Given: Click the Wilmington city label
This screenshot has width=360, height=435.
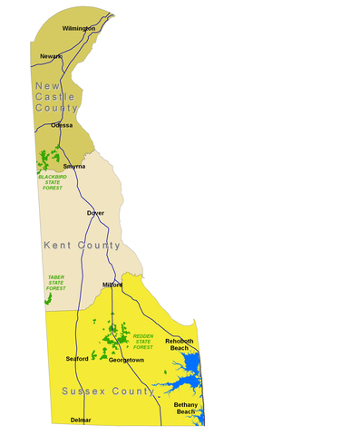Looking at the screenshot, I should pyautogui.click(x=79, y=29).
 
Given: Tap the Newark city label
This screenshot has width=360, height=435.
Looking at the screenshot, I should pyautogui.click(x=51, y=56).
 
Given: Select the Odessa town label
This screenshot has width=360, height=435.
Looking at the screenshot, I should pyautogui.click(x=62, y=125).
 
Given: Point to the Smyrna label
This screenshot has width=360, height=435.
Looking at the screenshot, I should pyautogui.click(x=74, y=167).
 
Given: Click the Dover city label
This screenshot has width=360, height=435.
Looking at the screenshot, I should pyautogui.click(x=95, y=213).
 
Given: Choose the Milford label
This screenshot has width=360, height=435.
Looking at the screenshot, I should pyautogui.click(x=112, y=285).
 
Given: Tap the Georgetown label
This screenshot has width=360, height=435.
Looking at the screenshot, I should pyautogui.click(x=126, y=360).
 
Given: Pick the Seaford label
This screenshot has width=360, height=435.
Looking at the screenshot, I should pyautogui.click(x=77, y=359).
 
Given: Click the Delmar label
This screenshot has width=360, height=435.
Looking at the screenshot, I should pyautogui.click(x=81, y=420).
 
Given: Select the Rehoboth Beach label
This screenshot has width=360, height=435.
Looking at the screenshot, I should pyautogui.click(x=180, y=344).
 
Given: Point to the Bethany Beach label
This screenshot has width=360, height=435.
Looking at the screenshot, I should pyautogui.click(x=185, y=408).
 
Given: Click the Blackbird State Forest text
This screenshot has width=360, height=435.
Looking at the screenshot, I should pyautogui.click(x=53, y=182).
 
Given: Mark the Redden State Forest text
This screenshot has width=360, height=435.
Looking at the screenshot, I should pyautogui.click(x=143, y=342).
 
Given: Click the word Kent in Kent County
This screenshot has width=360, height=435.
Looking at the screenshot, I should pyautogui.click(x=59, y=246).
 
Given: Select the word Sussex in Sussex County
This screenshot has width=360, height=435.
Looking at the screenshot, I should pyautogui.click(x=83, y=391).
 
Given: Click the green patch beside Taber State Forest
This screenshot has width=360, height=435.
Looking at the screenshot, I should pyautogui.click(x=48, y=297).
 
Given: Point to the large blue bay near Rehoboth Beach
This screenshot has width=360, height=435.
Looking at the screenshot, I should pyautogui.click(x=188, y=368).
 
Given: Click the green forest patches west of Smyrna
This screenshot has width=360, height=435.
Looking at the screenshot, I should pyautogui.click(x=44, y=164).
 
